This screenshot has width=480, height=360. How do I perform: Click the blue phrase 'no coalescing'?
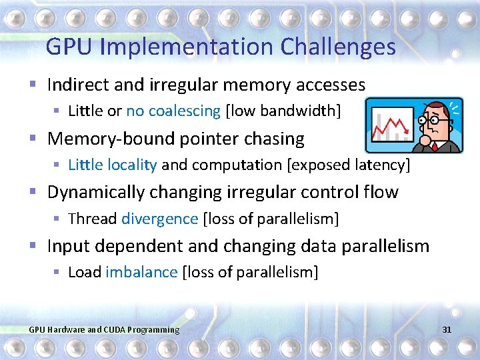click(173, 111)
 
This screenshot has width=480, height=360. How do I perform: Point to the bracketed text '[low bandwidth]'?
click(283, 111)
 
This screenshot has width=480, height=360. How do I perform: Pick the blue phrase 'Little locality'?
click(113, 165)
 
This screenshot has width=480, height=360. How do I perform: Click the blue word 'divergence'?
click(160, 219)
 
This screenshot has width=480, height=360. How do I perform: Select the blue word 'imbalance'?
click(142, 272)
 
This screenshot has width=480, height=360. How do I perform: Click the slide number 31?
click(447, 330)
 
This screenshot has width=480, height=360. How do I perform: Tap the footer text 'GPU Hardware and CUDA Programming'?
click(104, 330)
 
